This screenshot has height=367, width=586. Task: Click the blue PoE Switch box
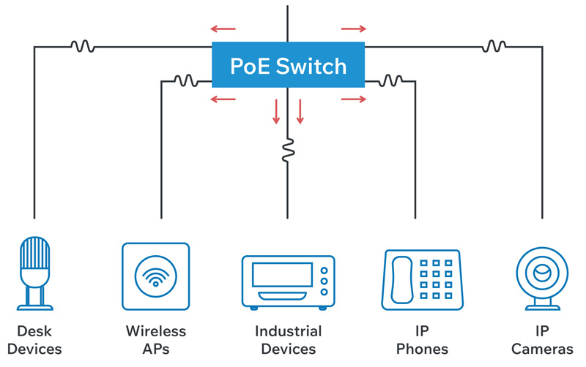click(288, 66)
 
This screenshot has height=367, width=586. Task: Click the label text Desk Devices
click(34, 340)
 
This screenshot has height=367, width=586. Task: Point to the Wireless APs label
click(155, 340)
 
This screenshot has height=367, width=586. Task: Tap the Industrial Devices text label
click(288, 340)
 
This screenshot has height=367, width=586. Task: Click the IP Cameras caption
click(543, 340)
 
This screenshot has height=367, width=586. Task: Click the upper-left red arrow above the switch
click(223, 29)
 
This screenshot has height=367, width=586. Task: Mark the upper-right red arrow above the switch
click(354, 29)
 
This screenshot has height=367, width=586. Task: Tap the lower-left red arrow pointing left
click(223, 99)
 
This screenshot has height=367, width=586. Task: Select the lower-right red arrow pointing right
click(354, 99)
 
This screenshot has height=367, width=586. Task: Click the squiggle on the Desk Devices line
click(82, 46)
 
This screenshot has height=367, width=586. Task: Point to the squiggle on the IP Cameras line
click(494, 46)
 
